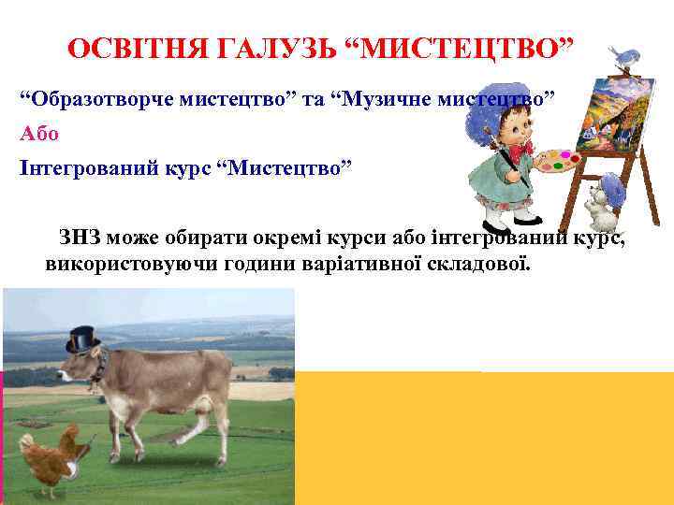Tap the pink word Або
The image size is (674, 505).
39,133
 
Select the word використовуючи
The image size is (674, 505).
129,263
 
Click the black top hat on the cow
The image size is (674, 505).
82,338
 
